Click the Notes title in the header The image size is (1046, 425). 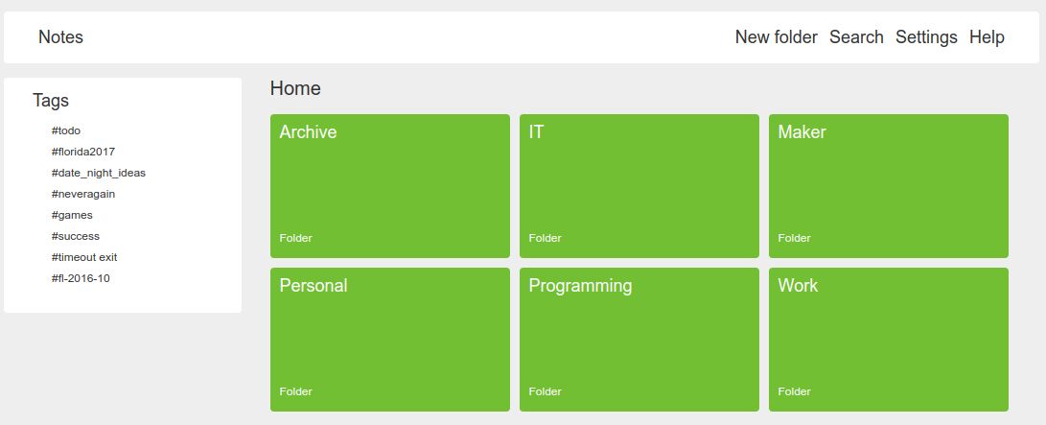tap(60, 37)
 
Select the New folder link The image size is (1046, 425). tap(776, 37)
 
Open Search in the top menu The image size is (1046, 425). tap(856, 37)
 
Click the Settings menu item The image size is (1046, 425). tap(926, 37)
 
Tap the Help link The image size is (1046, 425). tap(987, 37)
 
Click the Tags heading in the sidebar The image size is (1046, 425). tap(51, 101)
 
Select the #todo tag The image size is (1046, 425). tap(66, 130)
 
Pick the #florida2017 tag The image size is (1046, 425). tap(83, 152)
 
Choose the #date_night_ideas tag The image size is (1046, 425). tap(99, 173)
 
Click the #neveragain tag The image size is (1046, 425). tap(83, 194)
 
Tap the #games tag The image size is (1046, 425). tap(72, 215)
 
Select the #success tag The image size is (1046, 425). tap(76, 236)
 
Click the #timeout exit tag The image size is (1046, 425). tap(84, 257)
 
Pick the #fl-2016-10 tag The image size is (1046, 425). tap(81, 278)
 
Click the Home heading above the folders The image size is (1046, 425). tap(295, 89)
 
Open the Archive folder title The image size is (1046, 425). tap(308, 132)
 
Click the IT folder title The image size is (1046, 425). tap(536, 132)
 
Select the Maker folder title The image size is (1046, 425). tap(802, 132)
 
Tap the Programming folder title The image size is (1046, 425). tap(580, 286)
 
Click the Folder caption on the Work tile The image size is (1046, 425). tap(794, 391)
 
